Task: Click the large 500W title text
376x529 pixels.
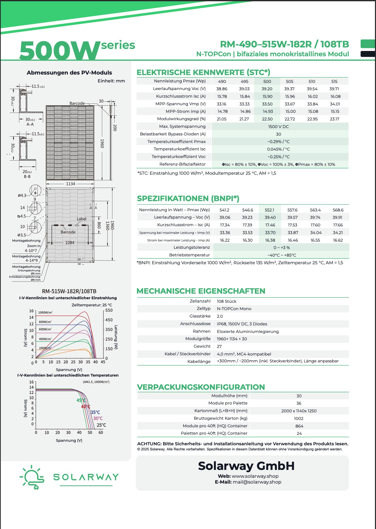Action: click(x=60, y=50)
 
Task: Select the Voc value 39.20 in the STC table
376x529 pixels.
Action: click(x=267, y=89)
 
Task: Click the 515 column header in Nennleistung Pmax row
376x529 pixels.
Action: click(x=334, y=81)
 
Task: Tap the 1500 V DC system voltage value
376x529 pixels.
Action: click(x=278, y=127)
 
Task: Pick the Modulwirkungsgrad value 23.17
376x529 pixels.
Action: click(x=334, y=119)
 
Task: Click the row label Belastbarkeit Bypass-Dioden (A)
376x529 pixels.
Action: click(x=173, y=134)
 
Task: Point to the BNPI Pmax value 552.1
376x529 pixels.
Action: click(x=269, y=210)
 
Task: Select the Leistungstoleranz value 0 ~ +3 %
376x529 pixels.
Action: click(x=281, y=248)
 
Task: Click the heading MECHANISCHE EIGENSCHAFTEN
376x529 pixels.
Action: click(x=201, y=291)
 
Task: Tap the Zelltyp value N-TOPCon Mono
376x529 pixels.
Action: click(x=234, y=309)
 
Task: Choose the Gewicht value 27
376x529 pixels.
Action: click(x=219, y=346)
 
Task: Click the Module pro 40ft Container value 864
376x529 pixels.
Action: click(x=299, y=426)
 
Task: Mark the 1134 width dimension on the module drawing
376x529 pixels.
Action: click(x=70, y=184)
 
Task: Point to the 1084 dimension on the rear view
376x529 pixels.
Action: click(x=70, y=243)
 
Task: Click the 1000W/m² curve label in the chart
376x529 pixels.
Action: click(x=45, y=313)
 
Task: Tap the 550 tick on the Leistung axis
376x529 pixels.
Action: click(x=109, y=310)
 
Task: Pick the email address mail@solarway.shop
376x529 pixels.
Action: click(x=257, y=482)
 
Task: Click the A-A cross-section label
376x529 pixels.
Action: click(x=30, y=124)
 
